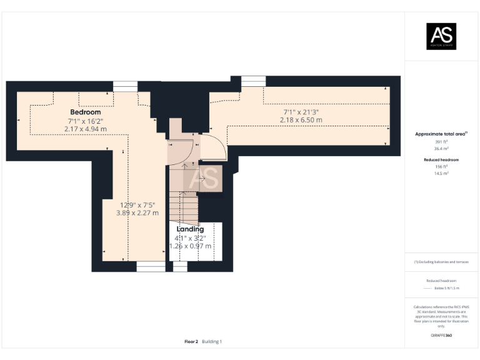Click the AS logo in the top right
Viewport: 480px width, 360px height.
[441, 36]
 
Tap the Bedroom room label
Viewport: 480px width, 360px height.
[86, 112]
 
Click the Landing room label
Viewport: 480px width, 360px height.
[190, 229]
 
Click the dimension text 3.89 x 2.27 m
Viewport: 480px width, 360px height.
[137, 213]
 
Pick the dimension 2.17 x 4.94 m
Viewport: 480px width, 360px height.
[85, 129]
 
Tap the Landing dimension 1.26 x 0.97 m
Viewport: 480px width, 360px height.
[191, 246]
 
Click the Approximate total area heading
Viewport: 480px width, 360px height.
[441, 134]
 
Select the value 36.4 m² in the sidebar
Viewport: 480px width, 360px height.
[441, 149]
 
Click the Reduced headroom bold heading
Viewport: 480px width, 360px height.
[441, 160]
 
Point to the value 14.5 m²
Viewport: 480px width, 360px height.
[441, 173]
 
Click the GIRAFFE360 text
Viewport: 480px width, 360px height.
[441, 336]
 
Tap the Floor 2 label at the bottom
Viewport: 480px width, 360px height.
[191, 341]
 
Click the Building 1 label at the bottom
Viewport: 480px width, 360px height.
[212, 341]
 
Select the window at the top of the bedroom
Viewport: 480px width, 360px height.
[125, 86]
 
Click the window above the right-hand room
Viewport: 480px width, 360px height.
[253, 81]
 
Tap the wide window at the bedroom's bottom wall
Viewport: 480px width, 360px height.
[151, 267]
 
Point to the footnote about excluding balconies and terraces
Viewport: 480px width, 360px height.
[441, 262]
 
